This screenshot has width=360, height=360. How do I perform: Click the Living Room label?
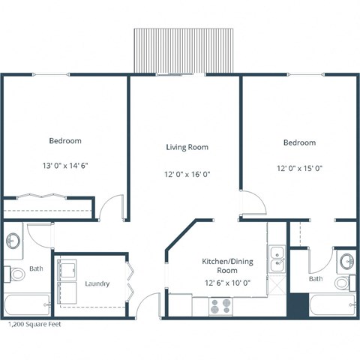[x=187, y=147]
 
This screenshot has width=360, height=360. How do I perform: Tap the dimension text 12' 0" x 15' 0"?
[x=299, y=169]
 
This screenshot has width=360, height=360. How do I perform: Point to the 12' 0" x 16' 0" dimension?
[x=187, y=174]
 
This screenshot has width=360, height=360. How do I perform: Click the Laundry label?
[x=97, y=283]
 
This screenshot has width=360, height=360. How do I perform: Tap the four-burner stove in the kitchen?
[x=220, y=306]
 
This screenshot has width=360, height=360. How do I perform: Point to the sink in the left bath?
[x=13, y=241]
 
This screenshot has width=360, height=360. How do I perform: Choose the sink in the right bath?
[x=345, y=261]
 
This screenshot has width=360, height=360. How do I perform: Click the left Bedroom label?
[x=65, y=140]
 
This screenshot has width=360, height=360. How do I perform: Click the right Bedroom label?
[x=299, y=142]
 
